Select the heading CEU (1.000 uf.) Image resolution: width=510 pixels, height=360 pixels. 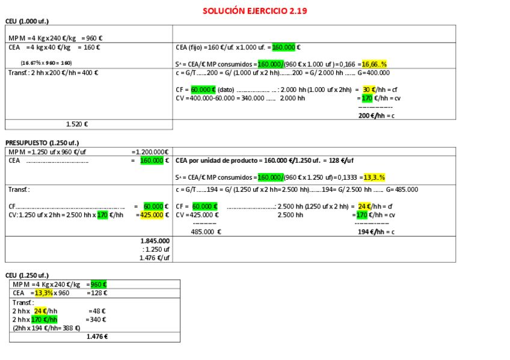point(26,21)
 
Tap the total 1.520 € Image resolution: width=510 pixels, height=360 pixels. point(77,124)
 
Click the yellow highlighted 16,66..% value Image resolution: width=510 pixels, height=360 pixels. point(374,64)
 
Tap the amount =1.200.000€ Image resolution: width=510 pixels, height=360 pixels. point(150,151)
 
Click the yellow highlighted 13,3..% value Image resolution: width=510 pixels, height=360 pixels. point(374,177)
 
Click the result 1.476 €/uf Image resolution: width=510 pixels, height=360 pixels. point(156,257)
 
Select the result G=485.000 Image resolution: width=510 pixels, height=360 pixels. point(402,189)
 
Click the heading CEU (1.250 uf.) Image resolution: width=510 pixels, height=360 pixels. point(26,275)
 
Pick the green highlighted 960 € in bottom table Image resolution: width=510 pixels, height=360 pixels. point(99,284)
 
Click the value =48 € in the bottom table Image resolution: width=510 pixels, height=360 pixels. point(97,311)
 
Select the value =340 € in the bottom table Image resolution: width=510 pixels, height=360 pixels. point(97,319)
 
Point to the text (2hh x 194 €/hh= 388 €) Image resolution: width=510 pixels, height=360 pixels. point(46,328)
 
